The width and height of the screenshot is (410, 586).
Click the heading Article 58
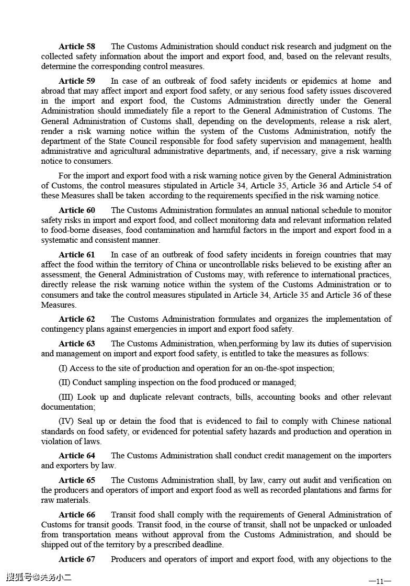pyautogui.click(x=77, y=47)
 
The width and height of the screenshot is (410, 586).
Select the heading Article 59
pyautogui.click(x=77, y=81)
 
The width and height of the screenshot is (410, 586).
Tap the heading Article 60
pyautogui.click(x=77, y=210)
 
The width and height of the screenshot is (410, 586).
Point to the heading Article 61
pyautogui.click(x=77, y=255)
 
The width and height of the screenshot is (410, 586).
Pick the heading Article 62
pyautogui.click(x=77, y=319)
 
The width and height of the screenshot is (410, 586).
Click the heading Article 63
pyautogui.click(x=77, y=344)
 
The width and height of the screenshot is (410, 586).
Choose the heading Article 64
pyautogui.click(x=77, y=456)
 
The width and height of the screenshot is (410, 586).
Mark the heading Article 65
pyautogui.click(x=77, y=480)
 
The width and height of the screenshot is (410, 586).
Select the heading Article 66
pyautogui.click(x=77, y=515)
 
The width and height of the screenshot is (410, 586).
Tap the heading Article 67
pyautogui.click(x=77, y=559)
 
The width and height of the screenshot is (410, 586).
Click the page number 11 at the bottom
pyautogui.click(x=380, y=580)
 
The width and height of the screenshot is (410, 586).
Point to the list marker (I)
pyautogui.click(x=63, y=368)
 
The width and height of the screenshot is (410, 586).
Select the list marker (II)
pyautogui.click(x=64, y=382)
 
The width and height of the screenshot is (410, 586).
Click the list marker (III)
pyautogui.click(x=66, y=397)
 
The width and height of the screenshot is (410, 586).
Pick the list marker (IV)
pyautogui.click(x=66, y=421)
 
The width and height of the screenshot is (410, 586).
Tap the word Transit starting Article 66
pyautogui.click(x=124, y=515)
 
